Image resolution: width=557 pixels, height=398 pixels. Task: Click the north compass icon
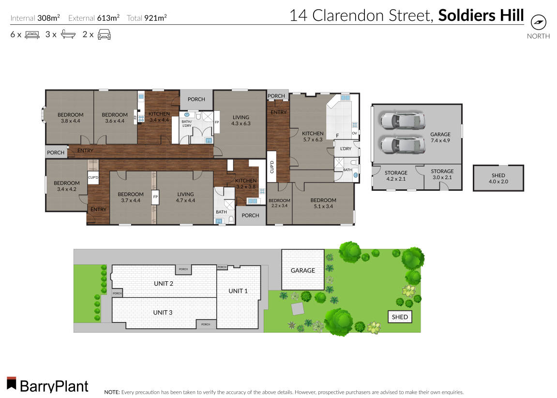click(x=538, y=23)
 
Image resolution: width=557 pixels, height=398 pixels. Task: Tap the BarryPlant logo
click(x=47, y=385)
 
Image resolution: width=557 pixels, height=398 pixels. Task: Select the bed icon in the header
click(x=32, y=34)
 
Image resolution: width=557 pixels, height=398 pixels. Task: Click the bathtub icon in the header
click(x=67, y=34)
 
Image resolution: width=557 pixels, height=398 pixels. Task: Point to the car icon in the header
click(x=104, y=34)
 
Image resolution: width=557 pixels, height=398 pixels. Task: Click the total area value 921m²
click(x=155, y=18)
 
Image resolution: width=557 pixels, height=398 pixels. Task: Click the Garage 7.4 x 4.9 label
click(x=440, y=138)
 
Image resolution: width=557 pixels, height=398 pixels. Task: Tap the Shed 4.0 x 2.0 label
click(x=498, y=179)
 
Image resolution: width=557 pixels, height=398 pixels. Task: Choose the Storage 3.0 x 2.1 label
click(x=442, y=174)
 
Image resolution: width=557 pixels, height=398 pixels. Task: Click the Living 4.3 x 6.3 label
click(x=241, y=121)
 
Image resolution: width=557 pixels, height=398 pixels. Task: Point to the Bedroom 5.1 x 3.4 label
click(x=323, y=203)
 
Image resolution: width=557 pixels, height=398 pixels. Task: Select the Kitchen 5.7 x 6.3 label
click(x=313, y=137)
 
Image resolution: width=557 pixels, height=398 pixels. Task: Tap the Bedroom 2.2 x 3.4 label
click(x=279, y=203)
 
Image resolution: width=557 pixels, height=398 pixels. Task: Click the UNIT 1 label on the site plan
click(x=238, y=291)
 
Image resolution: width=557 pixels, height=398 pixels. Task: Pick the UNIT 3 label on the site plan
click(x=163, y=312)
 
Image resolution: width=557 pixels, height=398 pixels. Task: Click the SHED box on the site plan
click(x=400, y=317)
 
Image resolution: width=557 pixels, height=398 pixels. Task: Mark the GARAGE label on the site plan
click(x=302, y=271)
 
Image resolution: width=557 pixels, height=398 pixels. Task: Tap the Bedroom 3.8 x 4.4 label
click(x=70, y=118)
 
